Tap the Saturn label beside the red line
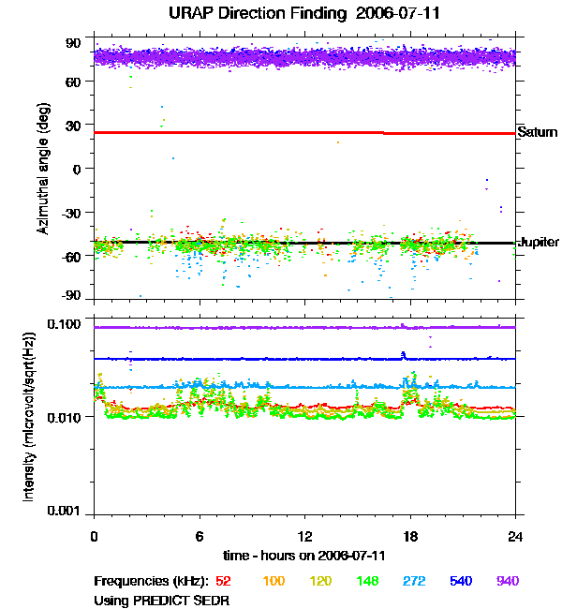click(538, 132)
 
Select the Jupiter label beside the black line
click(539, 242)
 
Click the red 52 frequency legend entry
click(225, 581)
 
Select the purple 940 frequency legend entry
click(507, 581)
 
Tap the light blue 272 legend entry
click(412, 581)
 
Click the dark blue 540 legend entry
click(460, 581)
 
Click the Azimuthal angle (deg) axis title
click(43, 169)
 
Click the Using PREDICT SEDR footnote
click(161, 600)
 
